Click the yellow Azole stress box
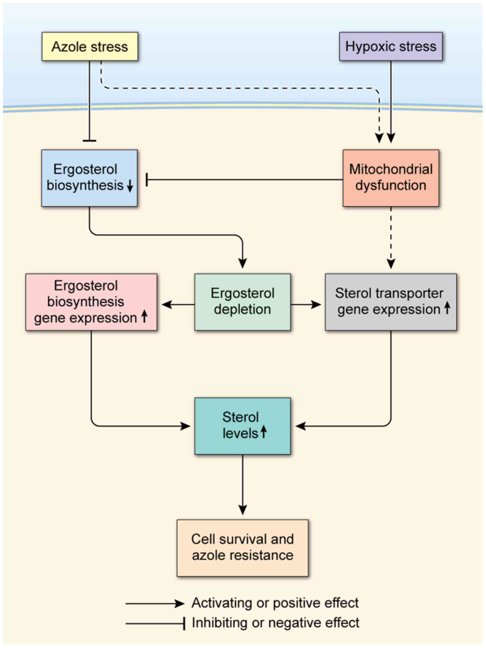coord(90,47)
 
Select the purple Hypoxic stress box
coord(390,47)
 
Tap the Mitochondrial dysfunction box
coord(390,178)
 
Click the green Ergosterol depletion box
coord(242,302)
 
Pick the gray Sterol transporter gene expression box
coord(390,302)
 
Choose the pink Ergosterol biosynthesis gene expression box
coord(91,302)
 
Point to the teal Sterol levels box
coord(242,426)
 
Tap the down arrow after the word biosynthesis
coord(130,186)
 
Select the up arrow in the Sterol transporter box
coord(447,308)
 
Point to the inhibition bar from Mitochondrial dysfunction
coord(147,179)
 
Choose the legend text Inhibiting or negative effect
coord(275,623)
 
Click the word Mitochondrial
coord(390,169)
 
